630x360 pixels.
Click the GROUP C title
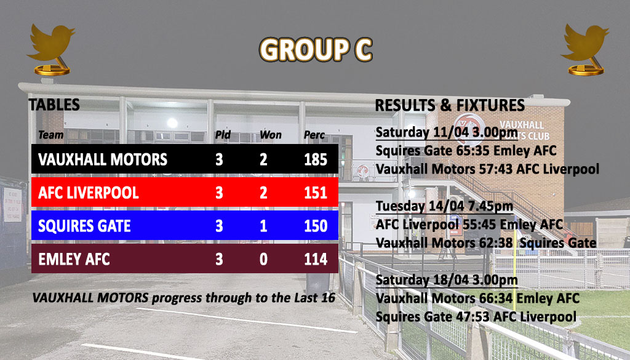coord(316,50)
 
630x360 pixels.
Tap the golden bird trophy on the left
coord(51,49)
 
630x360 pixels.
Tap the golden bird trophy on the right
coord(584,49)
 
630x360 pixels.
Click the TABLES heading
coord(54,105)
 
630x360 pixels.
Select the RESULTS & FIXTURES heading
coord(450,105)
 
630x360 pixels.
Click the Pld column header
coord(223,135)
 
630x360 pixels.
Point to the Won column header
coord(271,135)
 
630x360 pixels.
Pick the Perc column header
coord(314,135)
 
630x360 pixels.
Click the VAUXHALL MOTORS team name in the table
coord(103,159)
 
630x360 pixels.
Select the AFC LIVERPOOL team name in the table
coord(89,193)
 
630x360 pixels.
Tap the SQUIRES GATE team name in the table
coord(84,226)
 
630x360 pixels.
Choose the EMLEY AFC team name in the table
coord(74,259)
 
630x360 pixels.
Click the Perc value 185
coord(316,159)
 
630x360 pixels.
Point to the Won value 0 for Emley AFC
coord(263,259)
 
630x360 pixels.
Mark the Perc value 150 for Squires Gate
coord(316,226)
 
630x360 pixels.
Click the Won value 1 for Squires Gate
coord(263,226)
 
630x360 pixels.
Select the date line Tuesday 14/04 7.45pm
coord(444,206)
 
